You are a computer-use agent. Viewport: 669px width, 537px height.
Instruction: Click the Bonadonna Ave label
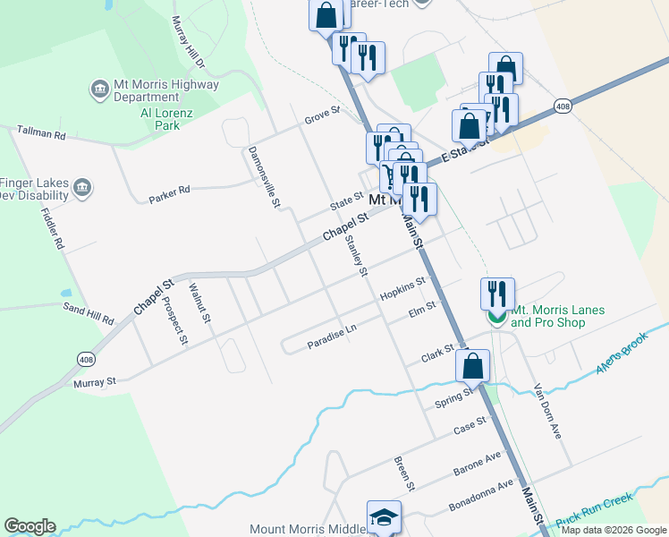click(x=482, y=491)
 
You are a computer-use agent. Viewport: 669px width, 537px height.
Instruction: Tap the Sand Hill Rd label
click(x=88, y=313)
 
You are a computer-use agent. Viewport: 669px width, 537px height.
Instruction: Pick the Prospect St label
click(x=174, y=319)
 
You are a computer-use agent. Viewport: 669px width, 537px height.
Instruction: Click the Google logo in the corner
click(x=30, y=526)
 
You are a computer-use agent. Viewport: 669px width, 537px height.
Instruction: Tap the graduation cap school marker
click(x=384, y=517)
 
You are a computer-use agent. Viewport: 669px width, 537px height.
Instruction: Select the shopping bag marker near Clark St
click(x=472, y=365)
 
